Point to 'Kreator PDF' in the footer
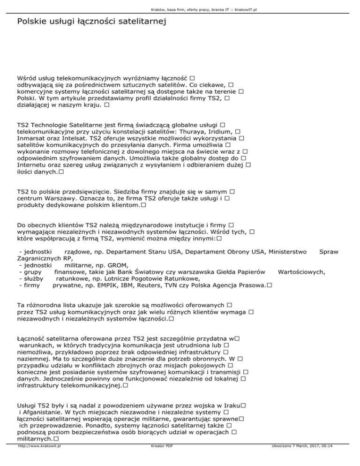click(160, 460)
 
